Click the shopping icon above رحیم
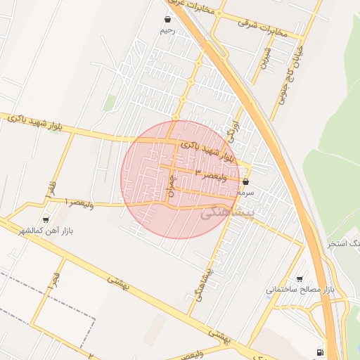167,20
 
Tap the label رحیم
167,30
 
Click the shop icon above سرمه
245,181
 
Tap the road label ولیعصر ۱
79,202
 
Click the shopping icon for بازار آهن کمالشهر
46,219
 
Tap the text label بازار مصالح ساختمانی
298,289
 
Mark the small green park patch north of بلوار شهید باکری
110,103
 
